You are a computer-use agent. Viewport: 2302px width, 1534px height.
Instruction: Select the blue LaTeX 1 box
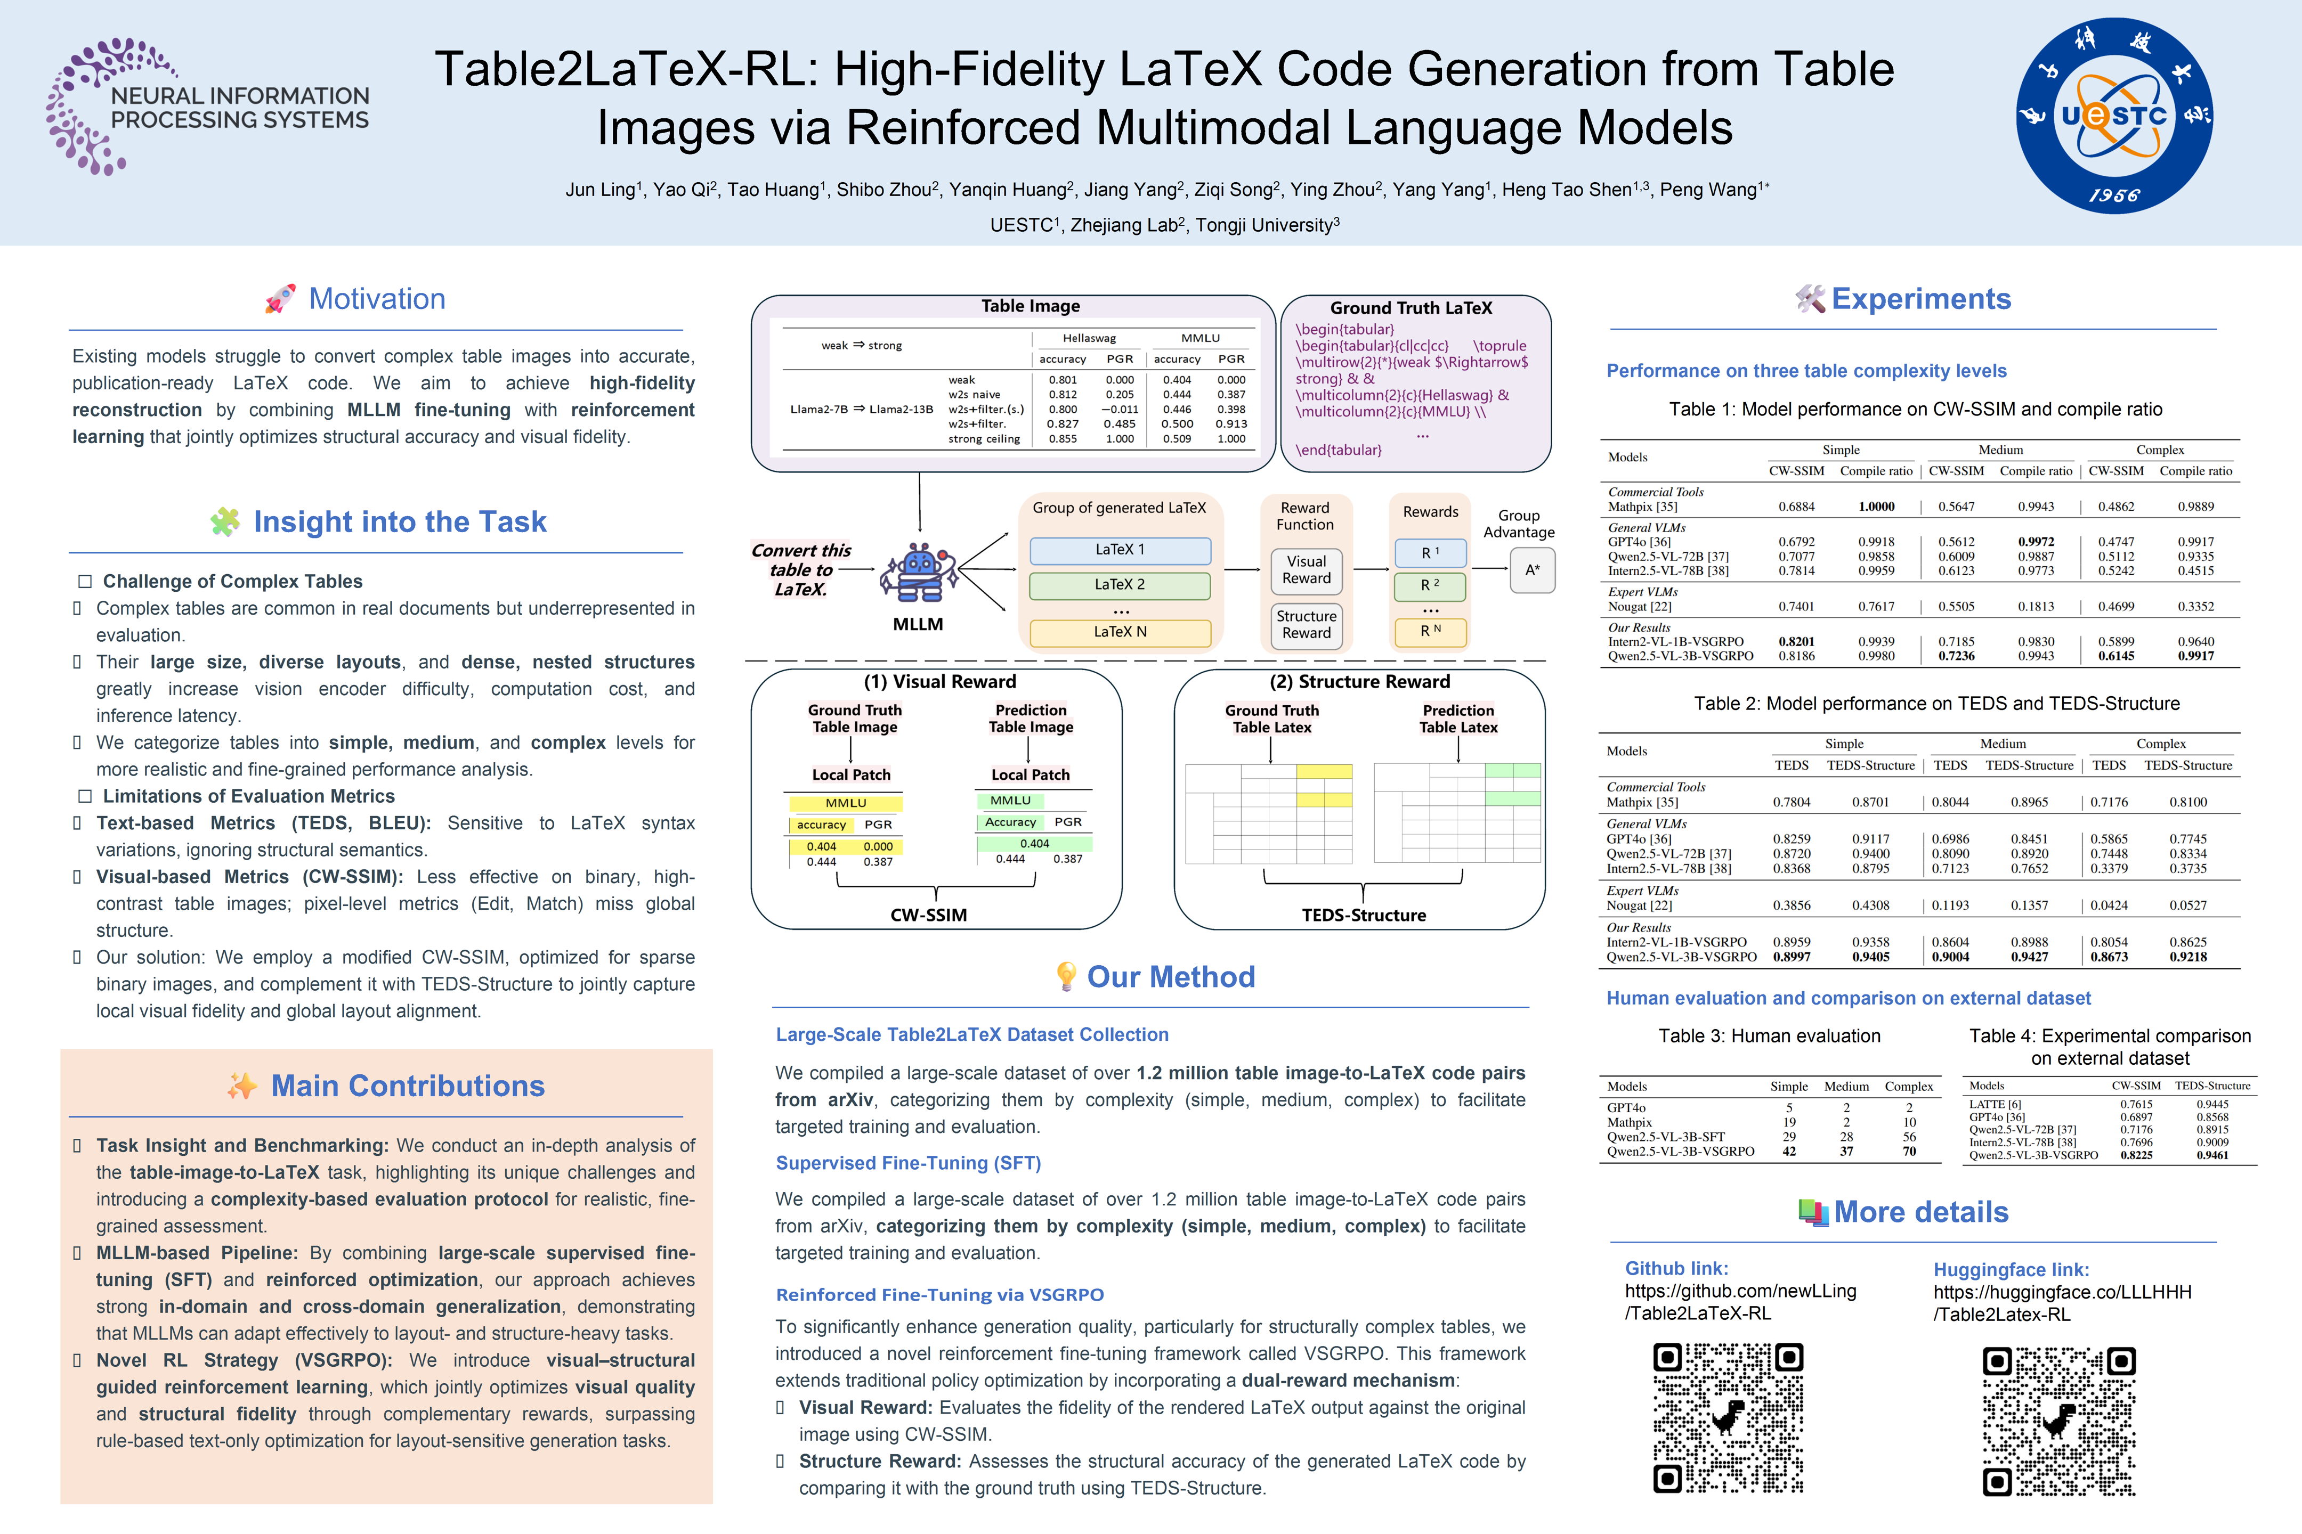click(x=1120, y=550)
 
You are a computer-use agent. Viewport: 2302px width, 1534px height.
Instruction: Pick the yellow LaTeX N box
click(x=1120, y=632)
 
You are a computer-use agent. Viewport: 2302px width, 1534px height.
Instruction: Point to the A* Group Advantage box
click(x=1531, y=569)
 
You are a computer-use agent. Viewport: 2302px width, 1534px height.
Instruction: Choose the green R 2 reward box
click(x=1430, y=585)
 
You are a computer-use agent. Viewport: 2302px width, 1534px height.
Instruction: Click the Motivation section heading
click(x=377, y=298)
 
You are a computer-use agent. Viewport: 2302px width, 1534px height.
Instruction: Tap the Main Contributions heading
click(x=407, y=1086)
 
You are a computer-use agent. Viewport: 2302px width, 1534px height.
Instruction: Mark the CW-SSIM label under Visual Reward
click(x=928, y=915)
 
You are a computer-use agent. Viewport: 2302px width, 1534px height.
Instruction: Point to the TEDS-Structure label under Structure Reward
click(x=1364, y=915)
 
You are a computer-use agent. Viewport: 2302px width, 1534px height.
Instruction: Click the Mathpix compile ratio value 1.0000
click(x=1876, y=507)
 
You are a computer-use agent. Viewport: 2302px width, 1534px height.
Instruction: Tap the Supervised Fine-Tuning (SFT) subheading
click(x=908, y=1163)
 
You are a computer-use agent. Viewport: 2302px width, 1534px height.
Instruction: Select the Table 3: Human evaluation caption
click(x=1769, y=1036)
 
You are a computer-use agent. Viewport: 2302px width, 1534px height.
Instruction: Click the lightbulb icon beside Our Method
click(x=1066, y=976)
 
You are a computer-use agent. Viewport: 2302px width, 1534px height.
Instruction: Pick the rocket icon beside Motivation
click(x=280, y=298)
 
